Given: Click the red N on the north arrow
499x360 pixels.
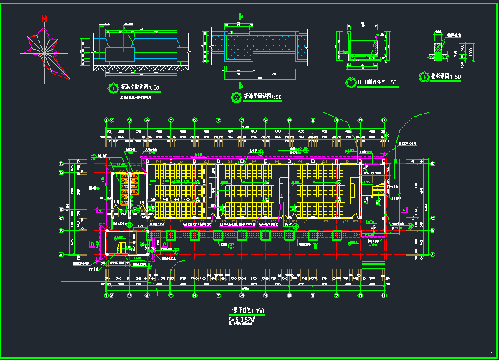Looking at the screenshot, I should (x=45, y=19).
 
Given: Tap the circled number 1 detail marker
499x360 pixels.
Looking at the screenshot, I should (x=113, y=88).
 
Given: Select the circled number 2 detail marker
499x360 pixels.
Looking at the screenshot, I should (x=235, y=96).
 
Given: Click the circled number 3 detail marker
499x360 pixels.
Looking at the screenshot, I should (x=351, y=82).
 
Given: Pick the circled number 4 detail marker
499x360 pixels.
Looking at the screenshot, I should (x=424, y=77).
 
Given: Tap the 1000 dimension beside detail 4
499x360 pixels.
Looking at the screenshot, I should (x=471, y=51).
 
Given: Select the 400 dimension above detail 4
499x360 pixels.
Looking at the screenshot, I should (x=438, y=31).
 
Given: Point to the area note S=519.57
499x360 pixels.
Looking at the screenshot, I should (x=242, y=319).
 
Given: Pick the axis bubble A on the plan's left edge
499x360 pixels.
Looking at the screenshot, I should (x=61, y=254).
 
